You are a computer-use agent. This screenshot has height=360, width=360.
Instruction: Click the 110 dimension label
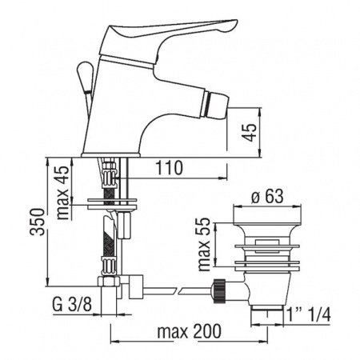(x=169, y=168)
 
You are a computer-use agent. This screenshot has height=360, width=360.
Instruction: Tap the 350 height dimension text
(x=37, y=222)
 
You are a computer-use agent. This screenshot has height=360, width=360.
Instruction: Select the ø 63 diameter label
(x=267, y=197)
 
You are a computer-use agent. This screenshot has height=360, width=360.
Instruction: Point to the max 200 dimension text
(x=189, y=331)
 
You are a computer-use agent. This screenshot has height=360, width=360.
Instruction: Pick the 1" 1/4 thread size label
(x=309, y=314)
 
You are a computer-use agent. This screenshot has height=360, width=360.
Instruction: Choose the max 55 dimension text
(x=205, y=244)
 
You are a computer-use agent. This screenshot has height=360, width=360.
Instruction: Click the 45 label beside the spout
(x=250, y=132)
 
